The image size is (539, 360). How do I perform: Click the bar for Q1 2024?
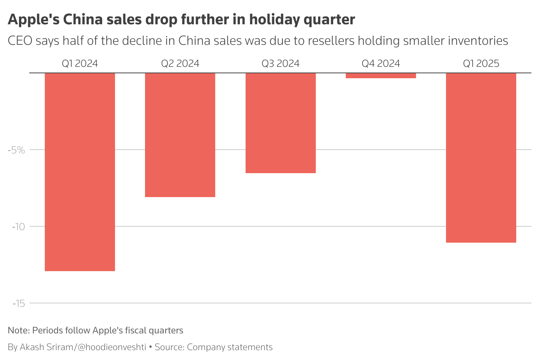point(80,172)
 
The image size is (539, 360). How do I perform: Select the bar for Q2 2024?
point(180,135)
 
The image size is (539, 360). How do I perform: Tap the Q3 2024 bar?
point(281,123)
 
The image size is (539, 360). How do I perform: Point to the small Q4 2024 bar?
point(381,76)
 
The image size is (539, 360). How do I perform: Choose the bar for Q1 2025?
point(481,158)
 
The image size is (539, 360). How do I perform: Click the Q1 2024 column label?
point(80,63)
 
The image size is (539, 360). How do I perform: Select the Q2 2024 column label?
point(180,63)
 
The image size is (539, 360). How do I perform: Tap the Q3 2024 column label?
point(281,63)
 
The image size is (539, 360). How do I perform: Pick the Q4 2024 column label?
point(381,63)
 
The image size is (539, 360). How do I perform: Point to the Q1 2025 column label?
point(481,63)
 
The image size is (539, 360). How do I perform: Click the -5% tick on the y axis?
point(16,150)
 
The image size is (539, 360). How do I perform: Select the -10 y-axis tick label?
point(18,227)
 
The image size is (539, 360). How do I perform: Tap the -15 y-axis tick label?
point(18,303)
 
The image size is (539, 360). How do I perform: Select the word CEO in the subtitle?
point(20,41)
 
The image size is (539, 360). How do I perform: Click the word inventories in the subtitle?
point(478,41)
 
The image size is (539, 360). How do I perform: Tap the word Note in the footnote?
point(18,330)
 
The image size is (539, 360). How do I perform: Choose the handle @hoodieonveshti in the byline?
point(112,347)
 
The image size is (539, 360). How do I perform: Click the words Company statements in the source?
point(230,347)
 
